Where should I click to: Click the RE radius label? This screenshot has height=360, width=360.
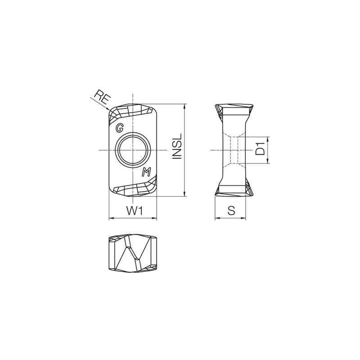100,97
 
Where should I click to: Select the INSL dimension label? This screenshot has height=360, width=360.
176,146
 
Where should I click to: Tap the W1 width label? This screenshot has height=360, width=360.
134,210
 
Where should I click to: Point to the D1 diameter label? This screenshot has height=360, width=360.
260,149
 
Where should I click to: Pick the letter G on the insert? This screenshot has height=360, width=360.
120,128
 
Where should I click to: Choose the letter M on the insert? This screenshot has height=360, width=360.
146,172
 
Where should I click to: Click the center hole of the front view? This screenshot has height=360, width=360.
133,150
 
